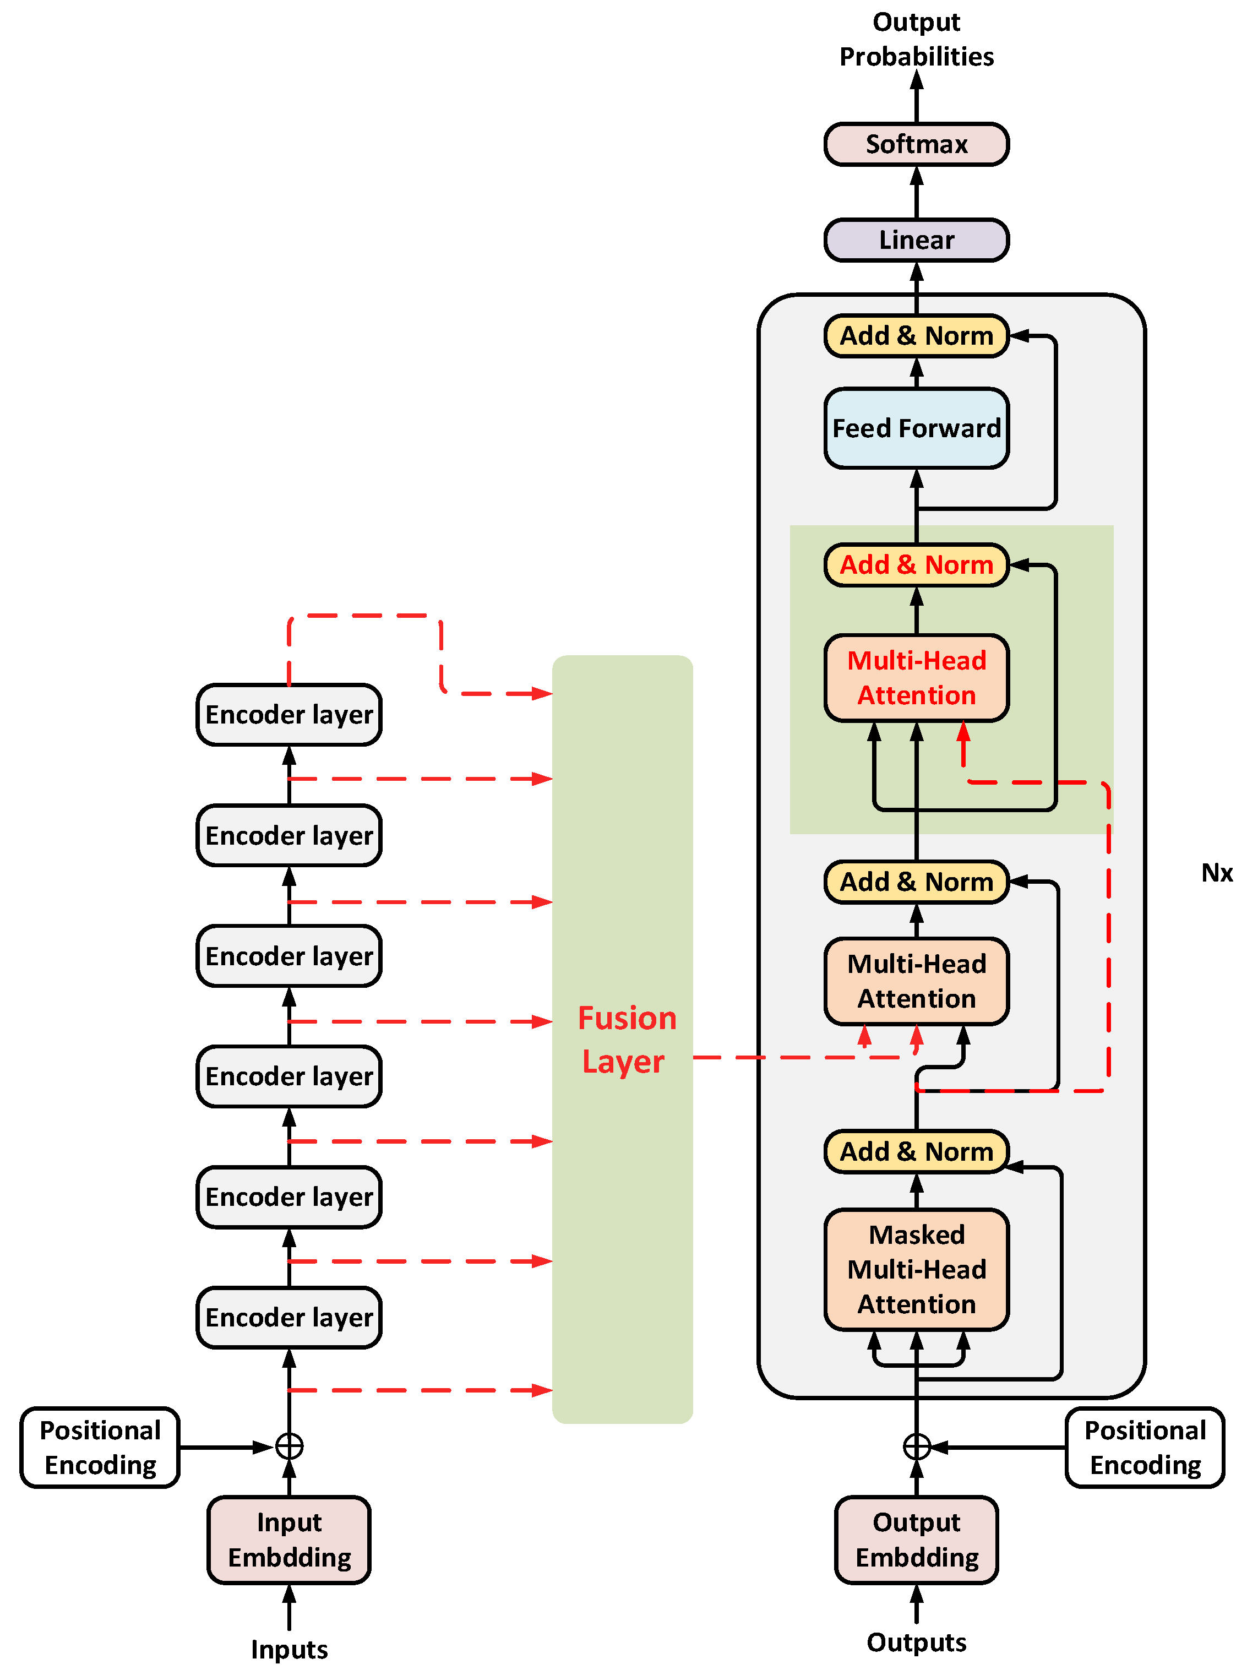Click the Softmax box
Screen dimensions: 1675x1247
[916, 143]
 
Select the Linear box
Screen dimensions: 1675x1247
[916, 240]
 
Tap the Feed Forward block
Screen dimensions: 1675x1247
[916, 428]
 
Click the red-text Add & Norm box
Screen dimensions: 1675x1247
[916, 564]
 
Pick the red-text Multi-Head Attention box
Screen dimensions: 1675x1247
[916, 677]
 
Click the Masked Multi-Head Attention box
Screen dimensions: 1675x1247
[916, 1269]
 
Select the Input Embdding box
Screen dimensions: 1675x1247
[289, 1539]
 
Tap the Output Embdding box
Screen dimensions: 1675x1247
[916, 1539]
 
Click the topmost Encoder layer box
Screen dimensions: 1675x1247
[289, 714]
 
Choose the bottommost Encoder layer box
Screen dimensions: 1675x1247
[289, 1317]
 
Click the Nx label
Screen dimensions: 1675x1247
[1216, 873]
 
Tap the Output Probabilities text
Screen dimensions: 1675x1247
[916, 39]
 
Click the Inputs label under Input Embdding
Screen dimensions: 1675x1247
[289, 1649]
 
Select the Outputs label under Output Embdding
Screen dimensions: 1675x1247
[916, 1641]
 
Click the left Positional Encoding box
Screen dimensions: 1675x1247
[100, 1447]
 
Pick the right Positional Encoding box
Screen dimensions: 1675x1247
[1145, 1447]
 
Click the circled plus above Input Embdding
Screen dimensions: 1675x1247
[289, 1446]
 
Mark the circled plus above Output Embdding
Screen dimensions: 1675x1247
[916, 1446]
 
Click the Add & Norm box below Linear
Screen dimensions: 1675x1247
[916, 335]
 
